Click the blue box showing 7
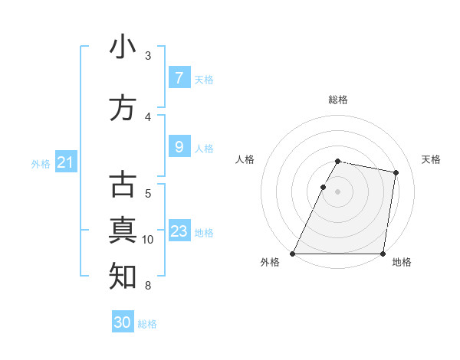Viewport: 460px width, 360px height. click(x=179, y=78)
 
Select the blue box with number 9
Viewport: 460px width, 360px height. click(x=179, y=147)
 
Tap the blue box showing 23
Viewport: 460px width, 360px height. click(x=179, y=231)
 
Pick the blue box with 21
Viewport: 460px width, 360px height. click(x=66, y=162)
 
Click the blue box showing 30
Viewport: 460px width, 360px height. click(x=123, y=322)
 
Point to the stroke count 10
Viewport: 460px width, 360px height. click(x=148, y=240)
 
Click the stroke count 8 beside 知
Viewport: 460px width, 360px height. click(x=148, y=286)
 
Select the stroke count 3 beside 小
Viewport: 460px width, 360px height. click(x=148, y=56)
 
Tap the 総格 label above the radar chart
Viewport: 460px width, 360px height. click(x=338, y=100)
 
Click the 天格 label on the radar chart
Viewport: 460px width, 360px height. click(x=432, y=159)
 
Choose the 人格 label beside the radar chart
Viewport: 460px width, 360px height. click(x=245, y=159)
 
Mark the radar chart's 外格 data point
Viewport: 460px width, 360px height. click(x=293, y=254)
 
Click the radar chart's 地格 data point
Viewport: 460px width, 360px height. click(x=383, y=254)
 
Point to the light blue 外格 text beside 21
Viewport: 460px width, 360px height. click(x=41, y=163)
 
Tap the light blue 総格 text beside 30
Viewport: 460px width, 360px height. click(x=147, y=324)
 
